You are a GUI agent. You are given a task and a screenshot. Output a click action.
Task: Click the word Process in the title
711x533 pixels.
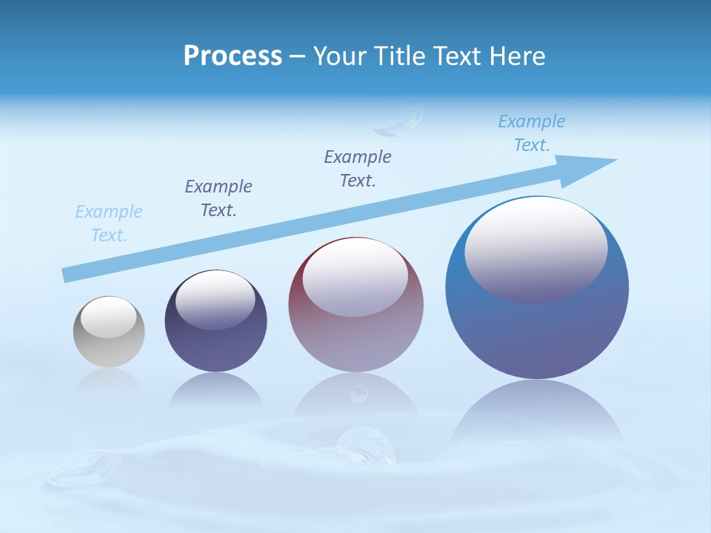point(233,56)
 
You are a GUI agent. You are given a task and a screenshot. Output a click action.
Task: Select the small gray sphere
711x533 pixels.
point(109,348)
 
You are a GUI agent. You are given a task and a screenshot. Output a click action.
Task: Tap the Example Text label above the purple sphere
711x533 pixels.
point(218,198)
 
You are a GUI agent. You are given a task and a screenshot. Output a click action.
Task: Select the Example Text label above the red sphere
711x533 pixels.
point(358,168)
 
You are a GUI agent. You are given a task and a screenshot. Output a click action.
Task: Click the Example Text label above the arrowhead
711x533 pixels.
point(532,133)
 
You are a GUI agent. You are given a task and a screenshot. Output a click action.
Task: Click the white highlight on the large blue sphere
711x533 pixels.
point(535,248)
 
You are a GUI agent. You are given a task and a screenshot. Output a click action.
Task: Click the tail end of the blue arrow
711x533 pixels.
point(68,275)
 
